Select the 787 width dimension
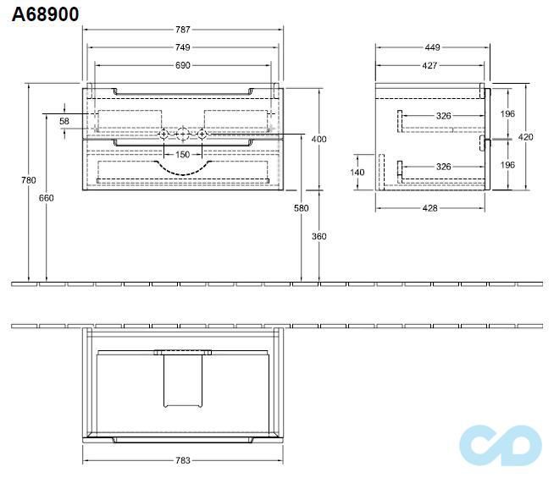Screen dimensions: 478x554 [x=183, y=30]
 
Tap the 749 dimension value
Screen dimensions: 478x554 [x=183, y=47]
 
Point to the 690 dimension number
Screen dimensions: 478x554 [x=183, y=65]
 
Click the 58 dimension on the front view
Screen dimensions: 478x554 [x=64, y=122]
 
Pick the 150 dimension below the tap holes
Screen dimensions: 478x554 [x=183, y=154]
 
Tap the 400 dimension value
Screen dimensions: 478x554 [x=319, y=139]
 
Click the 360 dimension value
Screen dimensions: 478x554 [x=319, y=236]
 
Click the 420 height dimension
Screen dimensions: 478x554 [x=526, y=136]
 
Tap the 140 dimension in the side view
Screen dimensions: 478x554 [x=357, y=173]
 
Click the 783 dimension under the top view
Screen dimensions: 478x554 [x=183, y=460]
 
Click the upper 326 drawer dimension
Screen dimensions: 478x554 [x=443, y=116]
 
